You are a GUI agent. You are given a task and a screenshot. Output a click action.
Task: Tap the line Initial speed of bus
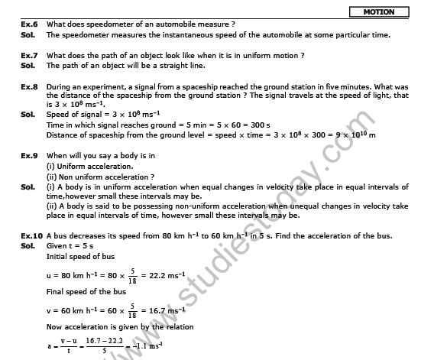click(x=81, y=256)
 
